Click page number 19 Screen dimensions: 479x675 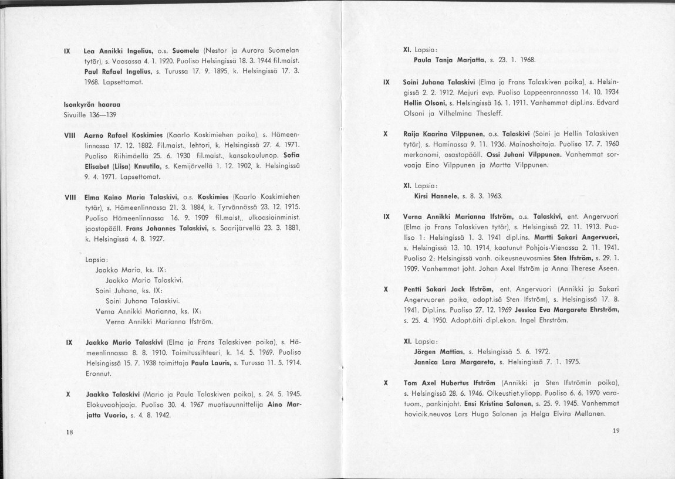[x=616, y=431]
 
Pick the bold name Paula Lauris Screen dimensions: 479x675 [x=210, y=363]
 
